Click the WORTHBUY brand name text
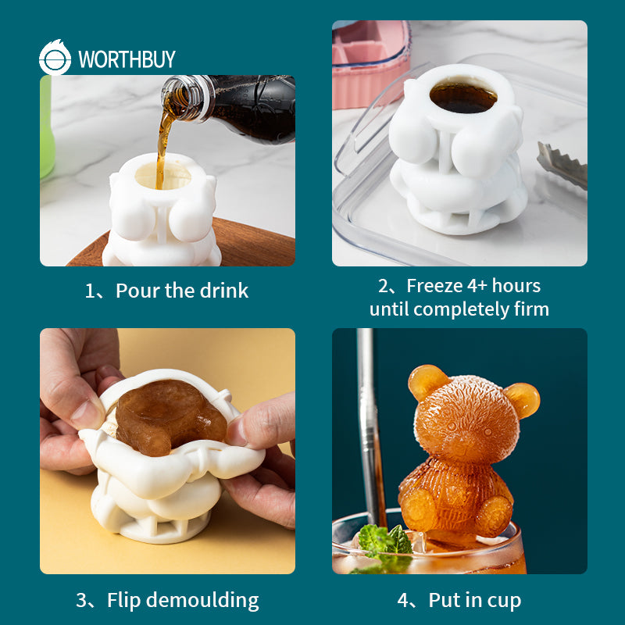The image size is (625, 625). point(127,59)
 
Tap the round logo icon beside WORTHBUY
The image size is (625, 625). point(55,59)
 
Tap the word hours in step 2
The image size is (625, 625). point(516,286)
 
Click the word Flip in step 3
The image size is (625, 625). point(124,600)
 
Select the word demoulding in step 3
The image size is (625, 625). point(204,601)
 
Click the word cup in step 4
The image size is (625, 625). point(505,600)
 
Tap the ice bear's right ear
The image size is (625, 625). point(522,399)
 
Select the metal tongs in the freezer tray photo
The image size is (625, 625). point(562,164)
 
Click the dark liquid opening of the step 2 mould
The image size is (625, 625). point(463,97)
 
